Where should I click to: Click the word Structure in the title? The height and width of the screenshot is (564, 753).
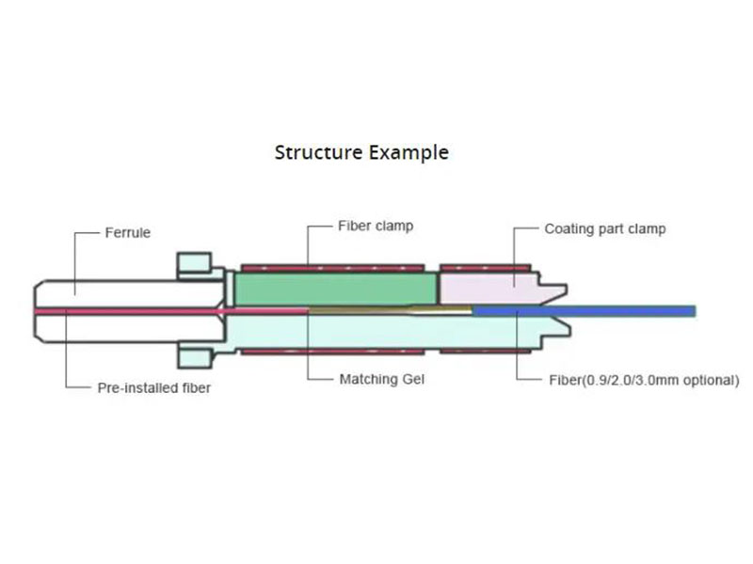(x=312, y=151)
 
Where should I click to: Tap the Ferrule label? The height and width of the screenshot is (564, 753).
(x=128, y=232)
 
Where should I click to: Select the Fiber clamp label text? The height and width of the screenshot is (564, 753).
(x=376, y=227)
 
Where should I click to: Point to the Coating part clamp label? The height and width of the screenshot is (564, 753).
(x=604, y=229)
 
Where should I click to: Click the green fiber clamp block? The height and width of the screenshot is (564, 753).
(x=334, y=288)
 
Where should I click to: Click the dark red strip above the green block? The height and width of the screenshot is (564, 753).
(x=334, y=266)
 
